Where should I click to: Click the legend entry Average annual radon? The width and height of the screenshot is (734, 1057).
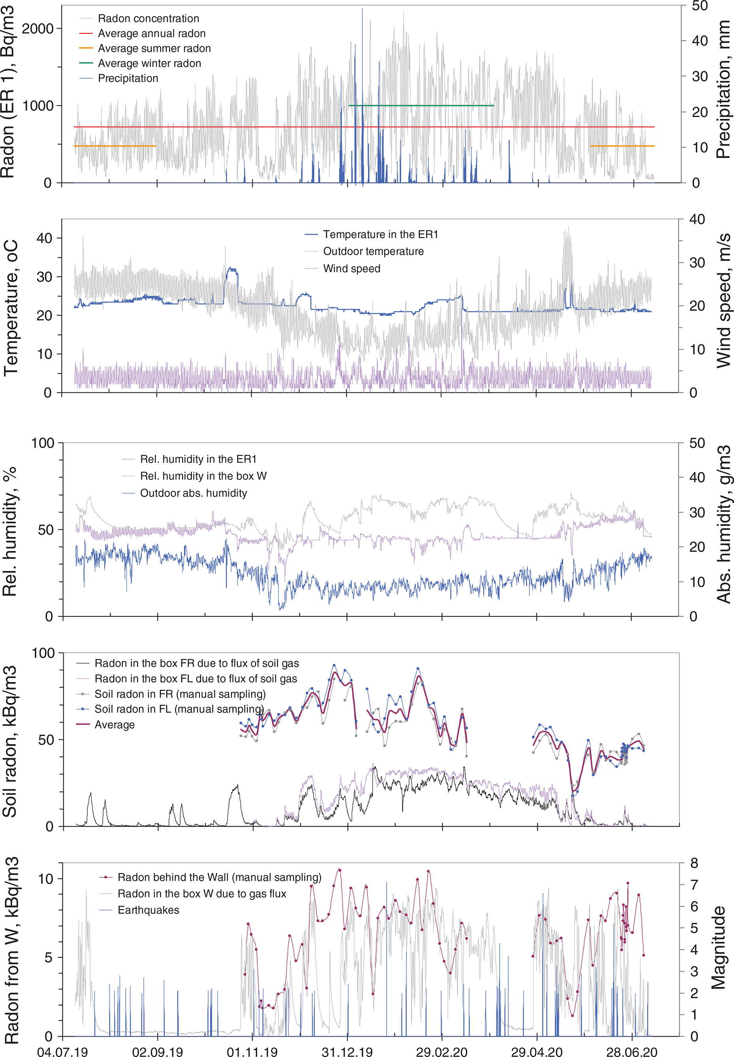coord(151,34)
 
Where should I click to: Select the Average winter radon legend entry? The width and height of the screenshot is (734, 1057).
coord(149,64)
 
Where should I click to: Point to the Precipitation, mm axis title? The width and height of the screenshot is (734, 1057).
coord(723,90)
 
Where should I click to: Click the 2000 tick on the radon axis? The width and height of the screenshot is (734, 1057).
coord(38,28)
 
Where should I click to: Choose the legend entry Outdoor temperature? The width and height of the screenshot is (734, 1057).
coord(373,251)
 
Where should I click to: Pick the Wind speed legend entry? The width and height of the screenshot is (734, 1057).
coord(351,269)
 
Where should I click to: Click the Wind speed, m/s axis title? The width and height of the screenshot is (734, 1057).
coord(723,300)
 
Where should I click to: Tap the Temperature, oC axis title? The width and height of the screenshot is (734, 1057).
coord(11,307)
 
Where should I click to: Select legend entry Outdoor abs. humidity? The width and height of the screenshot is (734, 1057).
coord(193,493)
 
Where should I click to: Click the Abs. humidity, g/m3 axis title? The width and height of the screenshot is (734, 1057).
coord(723,524)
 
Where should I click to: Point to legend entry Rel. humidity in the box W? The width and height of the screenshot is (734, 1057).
coord(203,476)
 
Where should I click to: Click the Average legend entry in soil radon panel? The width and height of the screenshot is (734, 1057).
coord(115,725)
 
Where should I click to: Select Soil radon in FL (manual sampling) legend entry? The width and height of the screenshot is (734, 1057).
coord(179,709)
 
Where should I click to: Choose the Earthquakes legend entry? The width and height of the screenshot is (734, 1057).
coord(148,910)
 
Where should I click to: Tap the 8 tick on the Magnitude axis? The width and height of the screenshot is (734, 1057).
coord(694,863)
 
